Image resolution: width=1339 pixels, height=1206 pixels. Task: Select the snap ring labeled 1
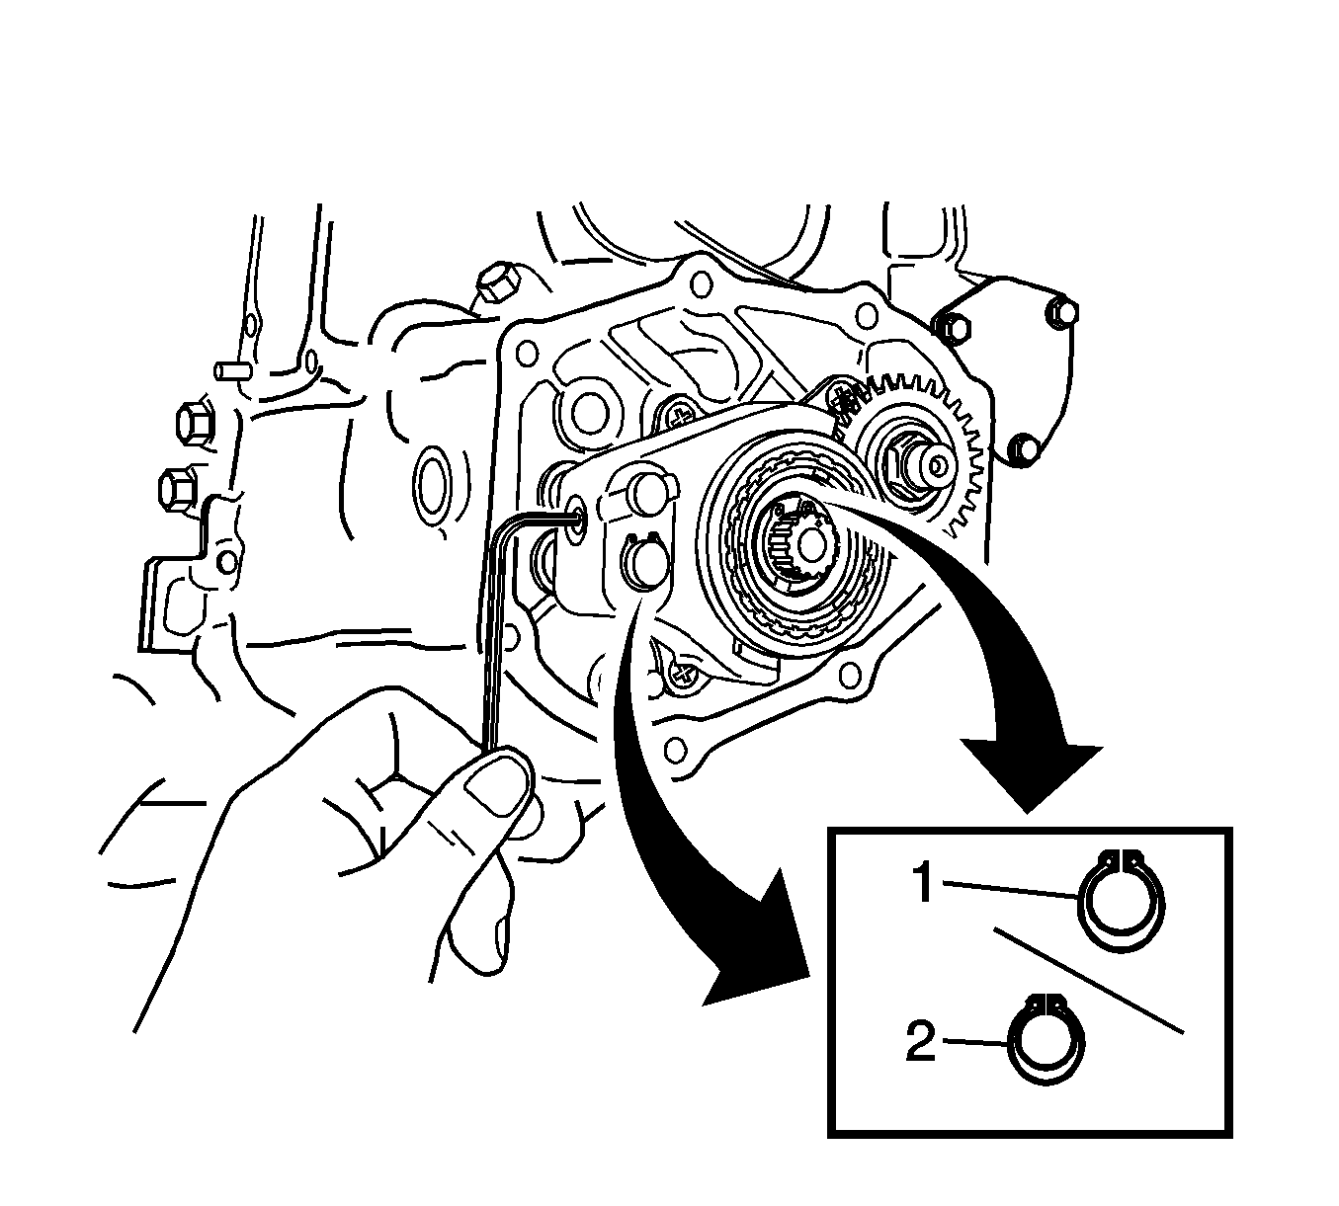pyautogui.click(x=1122, y=901)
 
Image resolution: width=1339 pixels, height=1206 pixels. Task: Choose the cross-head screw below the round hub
pyautogui.click(x=684, y=677)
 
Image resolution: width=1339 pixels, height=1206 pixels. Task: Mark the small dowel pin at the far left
pyautogui.click(x=231, y=371)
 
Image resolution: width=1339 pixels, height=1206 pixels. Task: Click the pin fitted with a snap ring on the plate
pyautogui.click(x=643, y=565)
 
